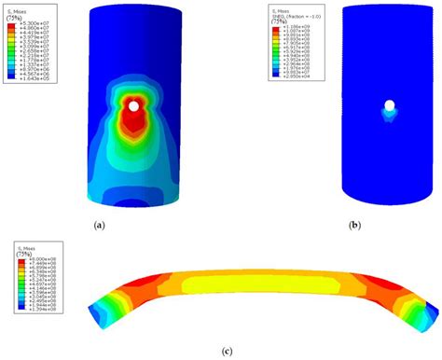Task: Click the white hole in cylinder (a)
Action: tap(136, 106)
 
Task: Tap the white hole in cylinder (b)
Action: tap(389, 106)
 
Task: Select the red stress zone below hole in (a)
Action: tap(135, 126)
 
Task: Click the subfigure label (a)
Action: tap(101, 225)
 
